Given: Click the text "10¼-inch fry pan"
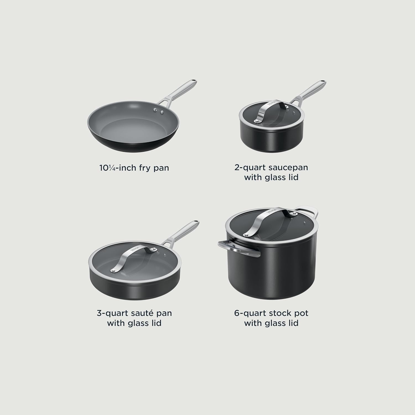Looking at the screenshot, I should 134,168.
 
